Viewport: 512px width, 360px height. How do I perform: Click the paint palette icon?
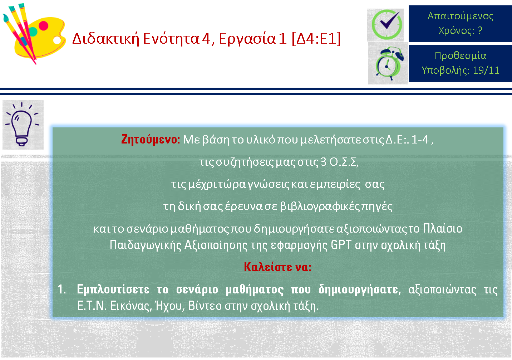34,34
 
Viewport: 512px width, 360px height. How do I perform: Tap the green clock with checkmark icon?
386,24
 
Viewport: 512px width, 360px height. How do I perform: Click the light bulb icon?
22,124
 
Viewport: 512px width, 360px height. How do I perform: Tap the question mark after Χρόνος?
480,30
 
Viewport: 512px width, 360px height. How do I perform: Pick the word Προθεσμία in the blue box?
461,55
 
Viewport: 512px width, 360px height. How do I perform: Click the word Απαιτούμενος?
461,16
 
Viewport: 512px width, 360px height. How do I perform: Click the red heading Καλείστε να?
277,267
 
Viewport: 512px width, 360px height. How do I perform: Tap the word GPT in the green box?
341,245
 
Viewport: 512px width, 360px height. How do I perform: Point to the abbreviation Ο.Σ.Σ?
344,162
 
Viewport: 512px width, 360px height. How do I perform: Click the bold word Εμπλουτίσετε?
113,290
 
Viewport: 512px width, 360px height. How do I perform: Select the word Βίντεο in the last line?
205,306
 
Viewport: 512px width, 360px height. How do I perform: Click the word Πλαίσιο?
443,228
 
